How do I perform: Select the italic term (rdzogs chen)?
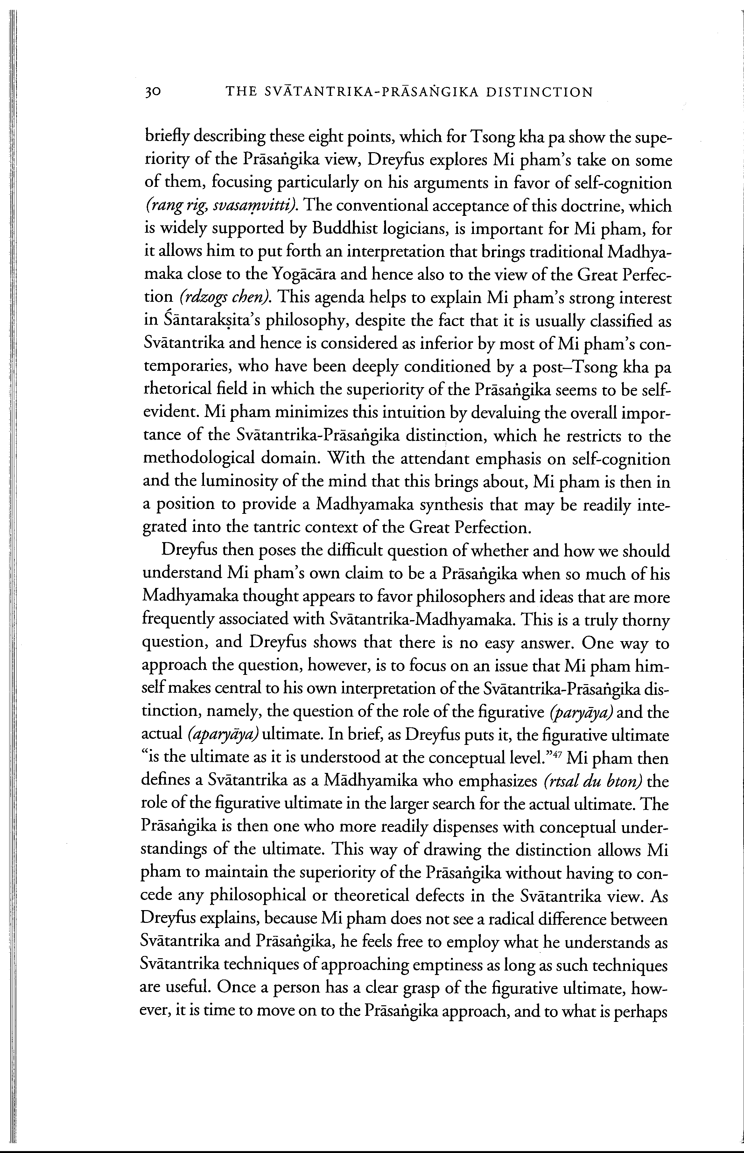click(223, 298)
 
